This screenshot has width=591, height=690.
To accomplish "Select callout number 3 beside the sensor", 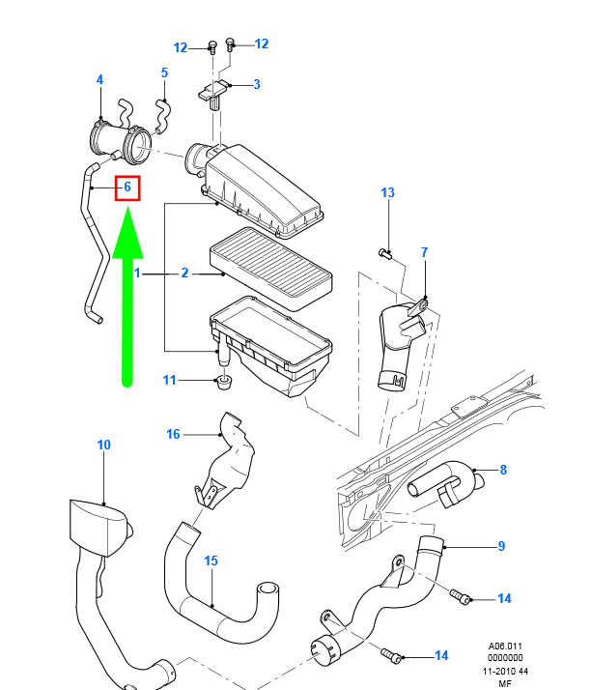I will point(257,85).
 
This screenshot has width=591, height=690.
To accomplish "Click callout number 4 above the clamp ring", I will point(99,79).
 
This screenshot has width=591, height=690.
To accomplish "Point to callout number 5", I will point(164,72).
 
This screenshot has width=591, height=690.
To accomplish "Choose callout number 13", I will point(387,193).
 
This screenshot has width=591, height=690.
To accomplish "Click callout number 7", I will point(423,252).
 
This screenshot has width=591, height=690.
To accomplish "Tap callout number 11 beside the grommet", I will point(170,381).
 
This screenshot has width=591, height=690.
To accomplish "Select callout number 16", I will point(174,434).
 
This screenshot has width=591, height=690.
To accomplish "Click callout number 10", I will point(103,445).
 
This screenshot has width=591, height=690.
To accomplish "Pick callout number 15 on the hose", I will point(211,560).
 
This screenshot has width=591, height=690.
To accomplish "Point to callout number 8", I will point(503,471).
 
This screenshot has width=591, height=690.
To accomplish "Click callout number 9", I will point(501,547).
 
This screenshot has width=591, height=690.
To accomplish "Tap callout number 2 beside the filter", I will point(185,273).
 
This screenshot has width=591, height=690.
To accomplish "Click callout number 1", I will point(138,273).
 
